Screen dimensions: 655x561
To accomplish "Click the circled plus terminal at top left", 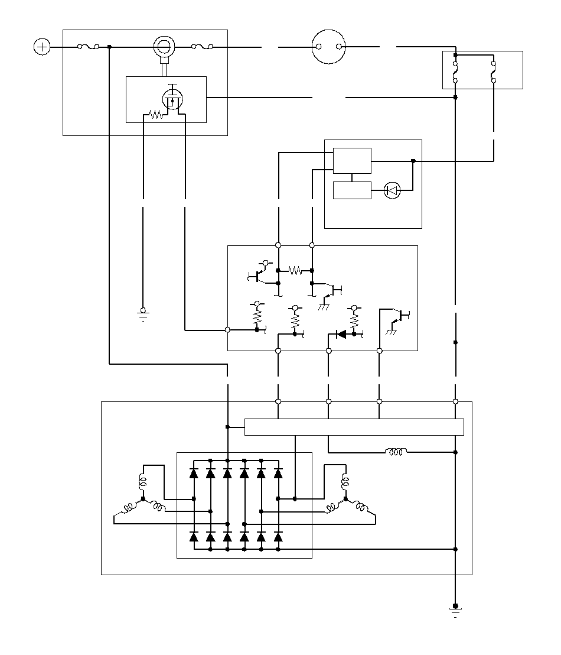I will pyautogui.click(x=42, y=47).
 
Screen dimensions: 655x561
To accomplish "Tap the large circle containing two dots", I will pyautogui.click(x=328, y=47).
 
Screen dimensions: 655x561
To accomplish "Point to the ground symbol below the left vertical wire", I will pyautogui.click(x=142, y=313).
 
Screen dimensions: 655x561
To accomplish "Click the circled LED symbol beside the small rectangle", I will pyautogui.click(x=392, y=190).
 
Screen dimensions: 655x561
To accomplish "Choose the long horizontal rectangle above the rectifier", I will pyautogui.click(x=354, y=427).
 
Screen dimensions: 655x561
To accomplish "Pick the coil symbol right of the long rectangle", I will pyautogui.click(x=396, y=452).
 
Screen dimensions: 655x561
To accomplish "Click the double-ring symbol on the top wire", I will pyautogui.click(x=165, y=46).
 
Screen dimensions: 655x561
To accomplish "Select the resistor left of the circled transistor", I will pyautogui.click(x=155, y=115).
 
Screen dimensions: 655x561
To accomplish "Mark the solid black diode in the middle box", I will pyautogui.click(x=341, y=334).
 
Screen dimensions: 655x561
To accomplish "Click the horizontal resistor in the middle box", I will pyautogui.click(x=295, y=271).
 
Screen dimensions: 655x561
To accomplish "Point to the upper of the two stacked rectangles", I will pyautogui.click(x=352, y=161).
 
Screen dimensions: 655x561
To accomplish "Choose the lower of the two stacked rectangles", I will pyautogui.click(x=352, y=190).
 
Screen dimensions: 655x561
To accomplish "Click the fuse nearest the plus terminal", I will pyautogui.click(x=89, y=47).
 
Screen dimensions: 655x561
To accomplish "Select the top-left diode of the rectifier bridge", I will pyautogui.click(x=194, y=473).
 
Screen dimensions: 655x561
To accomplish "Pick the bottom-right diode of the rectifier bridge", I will pyautogui.click(x=278, y=537).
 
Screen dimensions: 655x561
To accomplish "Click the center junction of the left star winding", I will pyautogui.click(x=143, y=500).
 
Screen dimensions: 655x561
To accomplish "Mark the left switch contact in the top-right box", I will pyautogui.click(x=455, y=70).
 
